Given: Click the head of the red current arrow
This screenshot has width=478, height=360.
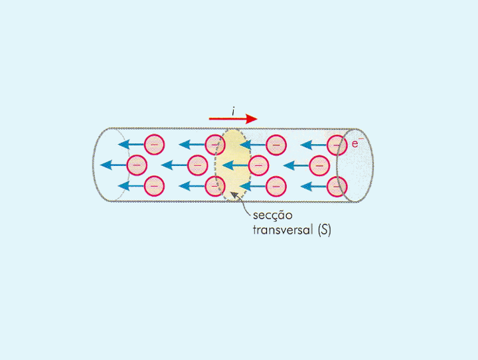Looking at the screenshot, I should [x=251, y=119].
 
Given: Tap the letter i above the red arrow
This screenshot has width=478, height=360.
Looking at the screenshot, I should [x=233, y=109].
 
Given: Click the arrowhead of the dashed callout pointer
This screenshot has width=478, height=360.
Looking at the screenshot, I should [x=232, y=195].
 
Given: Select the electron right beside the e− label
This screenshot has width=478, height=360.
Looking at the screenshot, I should [x=338, y=143].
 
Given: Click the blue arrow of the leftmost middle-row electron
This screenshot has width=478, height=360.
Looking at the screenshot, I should [x=114, y=165].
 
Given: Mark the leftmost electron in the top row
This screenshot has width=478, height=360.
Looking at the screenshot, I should [x=154, y=143].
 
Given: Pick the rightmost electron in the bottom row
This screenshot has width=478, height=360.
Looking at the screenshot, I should [x=338, y=186].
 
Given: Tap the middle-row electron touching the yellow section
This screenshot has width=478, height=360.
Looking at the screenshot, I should [x=259, y=164].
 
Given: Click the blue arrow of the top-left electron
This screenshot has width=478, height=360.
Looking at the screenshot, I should [x=131, y=143].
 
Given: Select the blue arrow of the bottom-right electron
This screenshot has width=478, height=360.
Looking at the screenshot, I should [x=315, y=186].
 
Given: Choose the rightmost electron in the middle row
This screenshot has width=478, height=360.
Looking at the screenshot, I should [x=319, y=164].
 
